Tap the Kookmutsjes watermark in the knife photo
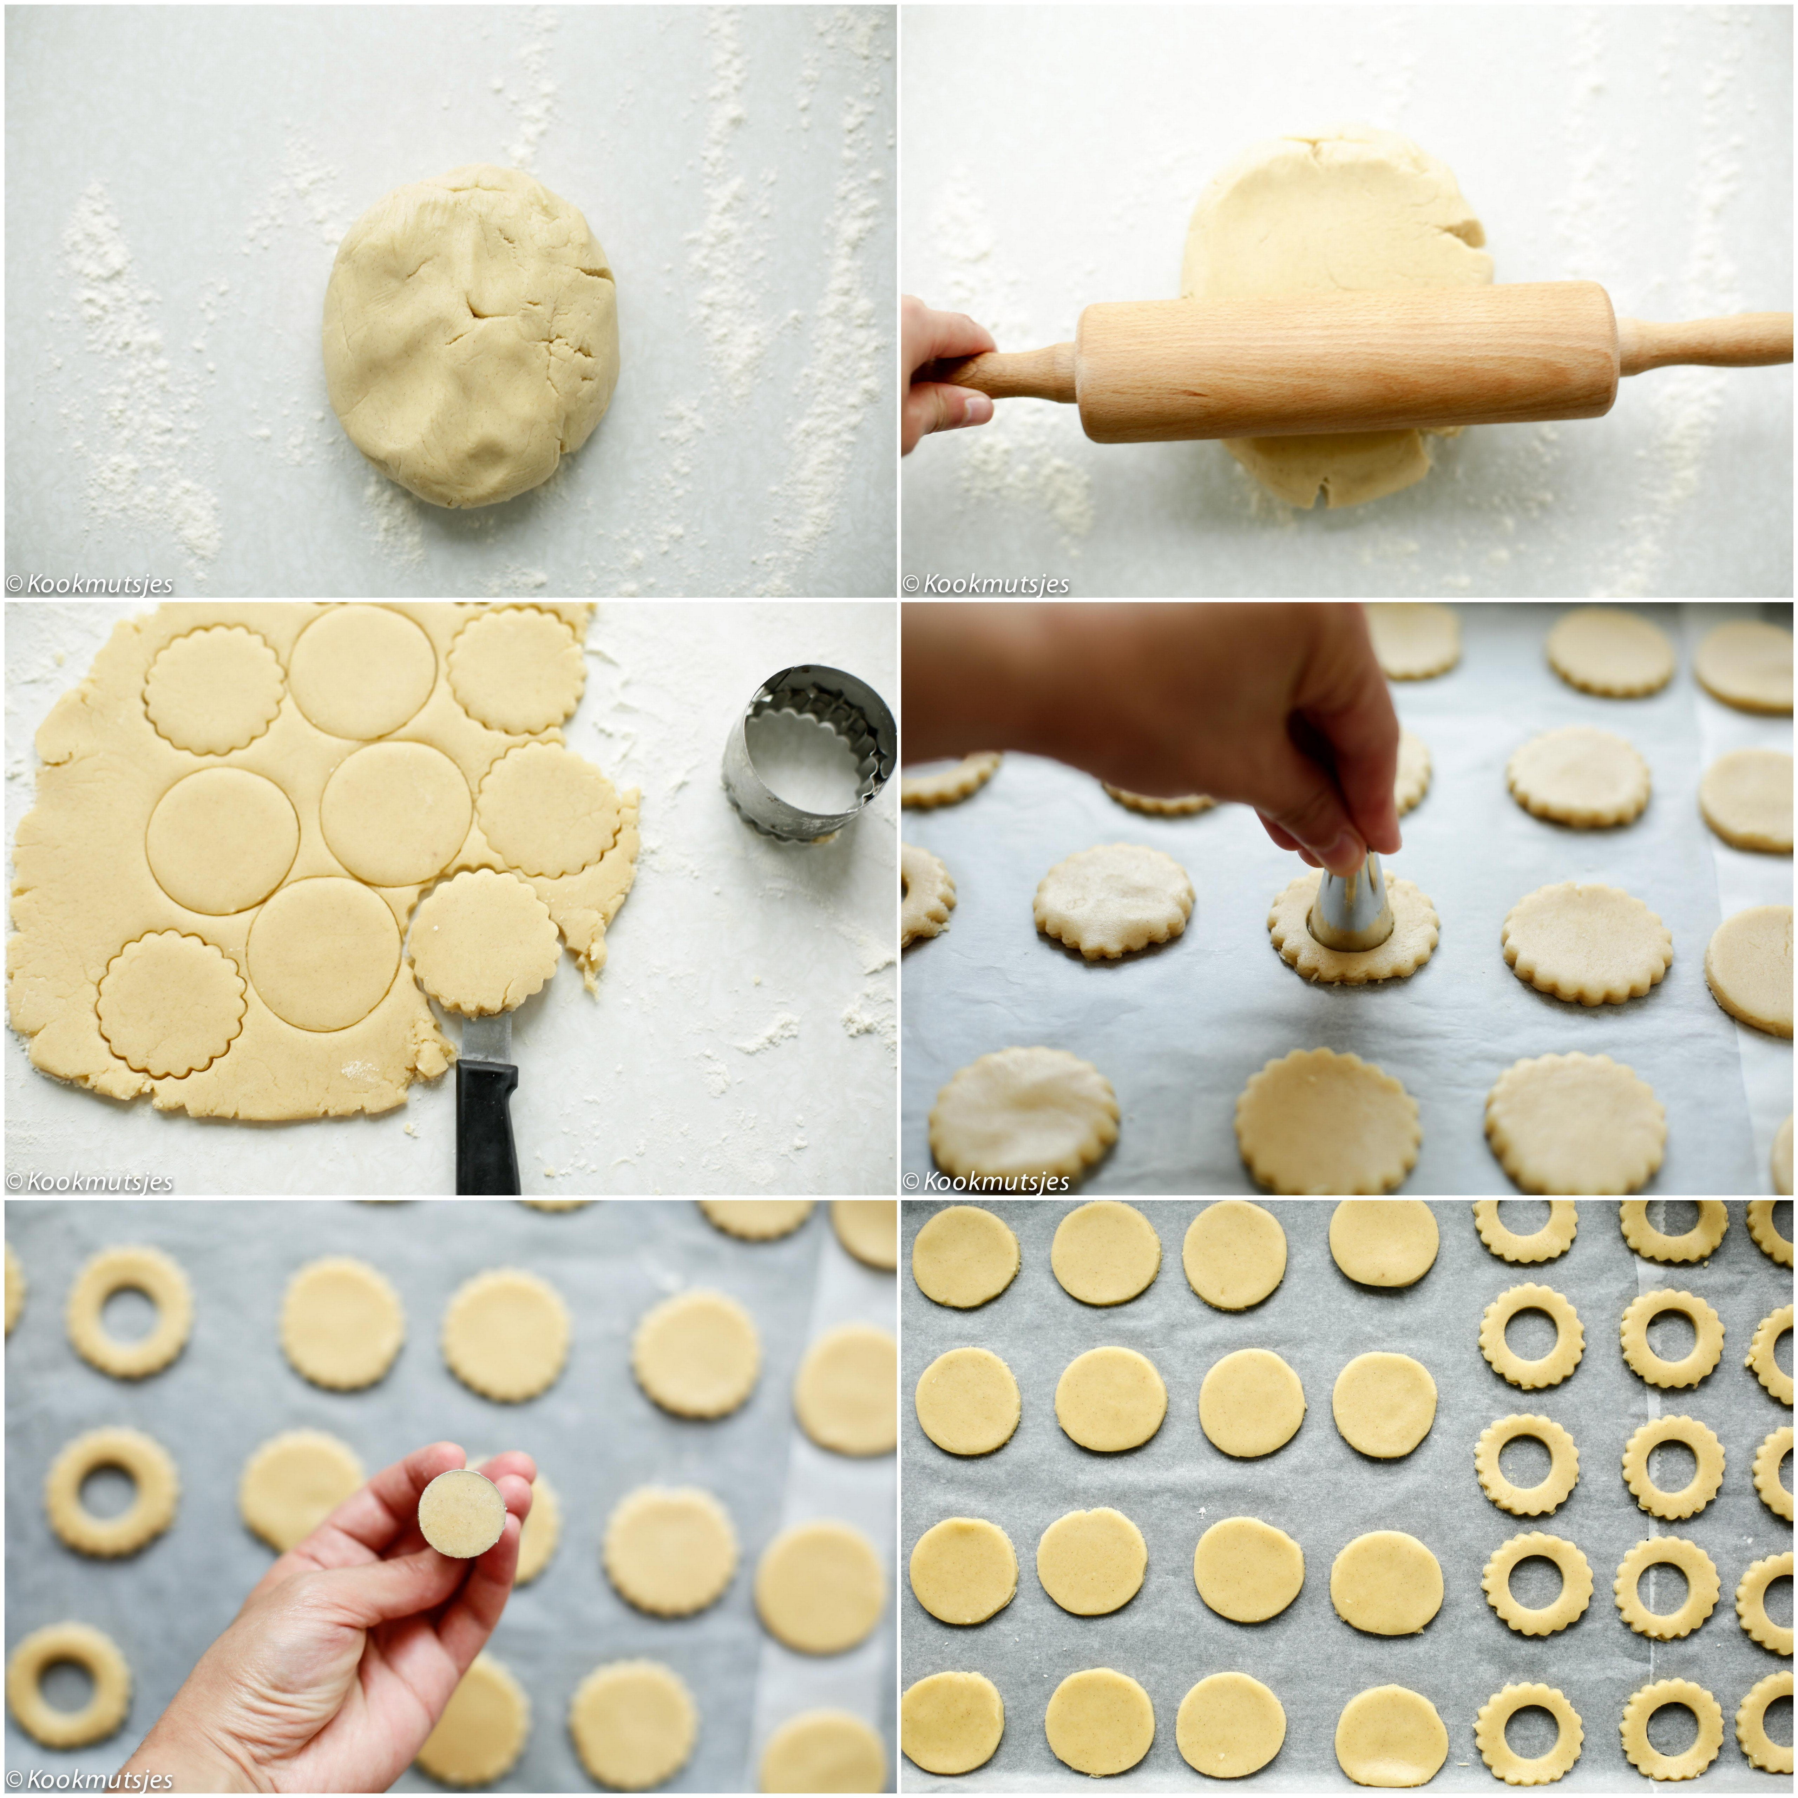tap(89, 1182)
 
